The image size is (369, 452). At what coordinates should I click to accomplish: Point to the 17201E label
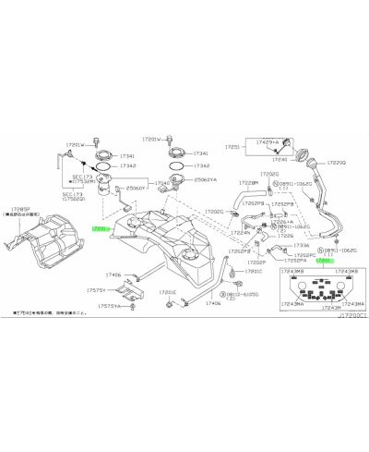coord(167,292)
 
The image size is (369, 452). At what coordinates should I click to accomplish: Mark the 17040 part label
coord(161,184)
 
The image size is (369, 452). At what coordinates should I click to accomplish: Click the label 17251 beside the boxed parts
coord(232,146)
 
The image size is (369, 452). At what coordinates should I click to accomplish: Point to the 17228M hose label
coord(246,183)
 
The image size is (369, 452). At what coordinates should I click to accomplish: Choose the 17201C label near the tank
coord(254,273)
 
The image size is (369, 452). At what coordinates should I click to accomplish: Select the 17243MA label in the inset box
coord(353,303)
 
